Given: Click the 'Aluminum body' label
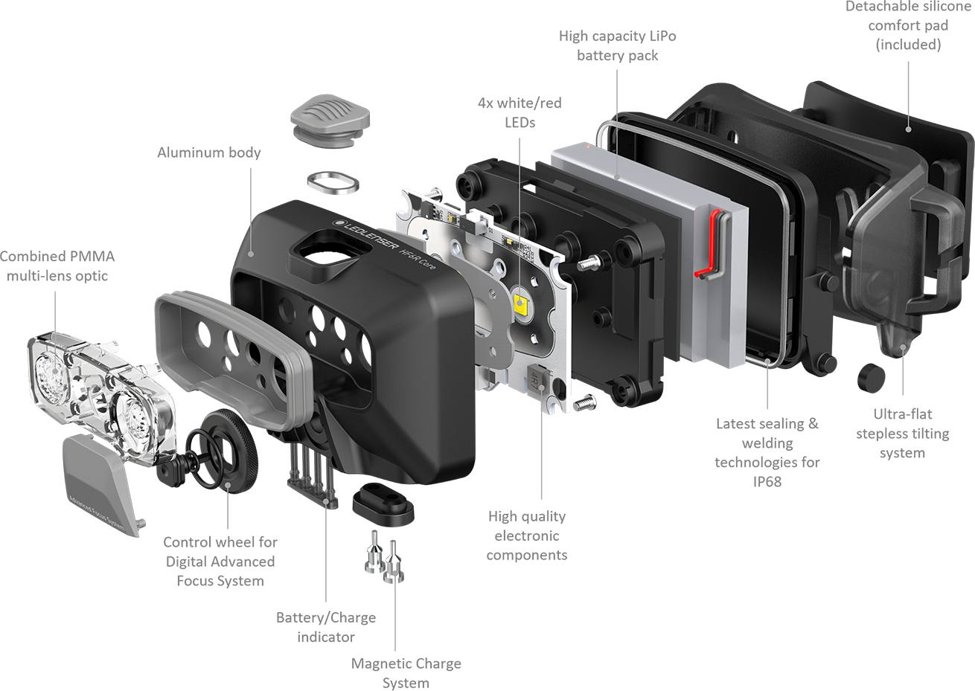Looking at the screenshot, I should click(209, 152).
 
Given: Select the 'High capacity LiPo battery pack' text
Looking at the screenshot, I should click(617, 45).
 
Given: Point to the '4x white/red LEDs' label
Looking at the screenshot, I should click(520, 112).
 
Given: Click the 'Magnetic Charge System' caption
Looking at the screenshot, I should click(406, 673).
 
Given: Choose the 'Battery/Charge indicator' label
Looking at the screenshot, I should click(326, 627).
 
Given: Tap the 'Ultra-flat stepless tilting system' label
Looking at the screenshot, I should click(902, 434).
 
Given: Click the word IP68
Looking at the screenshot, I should click(767, 482).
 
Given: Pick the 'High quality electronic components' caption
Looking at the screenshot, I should click(527, 536).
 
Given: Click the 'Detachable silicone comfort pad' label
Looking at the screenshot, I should click(907, 26).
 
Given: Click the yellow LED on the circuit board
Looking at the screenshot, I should click(520, 303).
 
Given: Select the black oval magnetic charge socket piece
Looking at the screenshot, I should click(383, 503).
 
